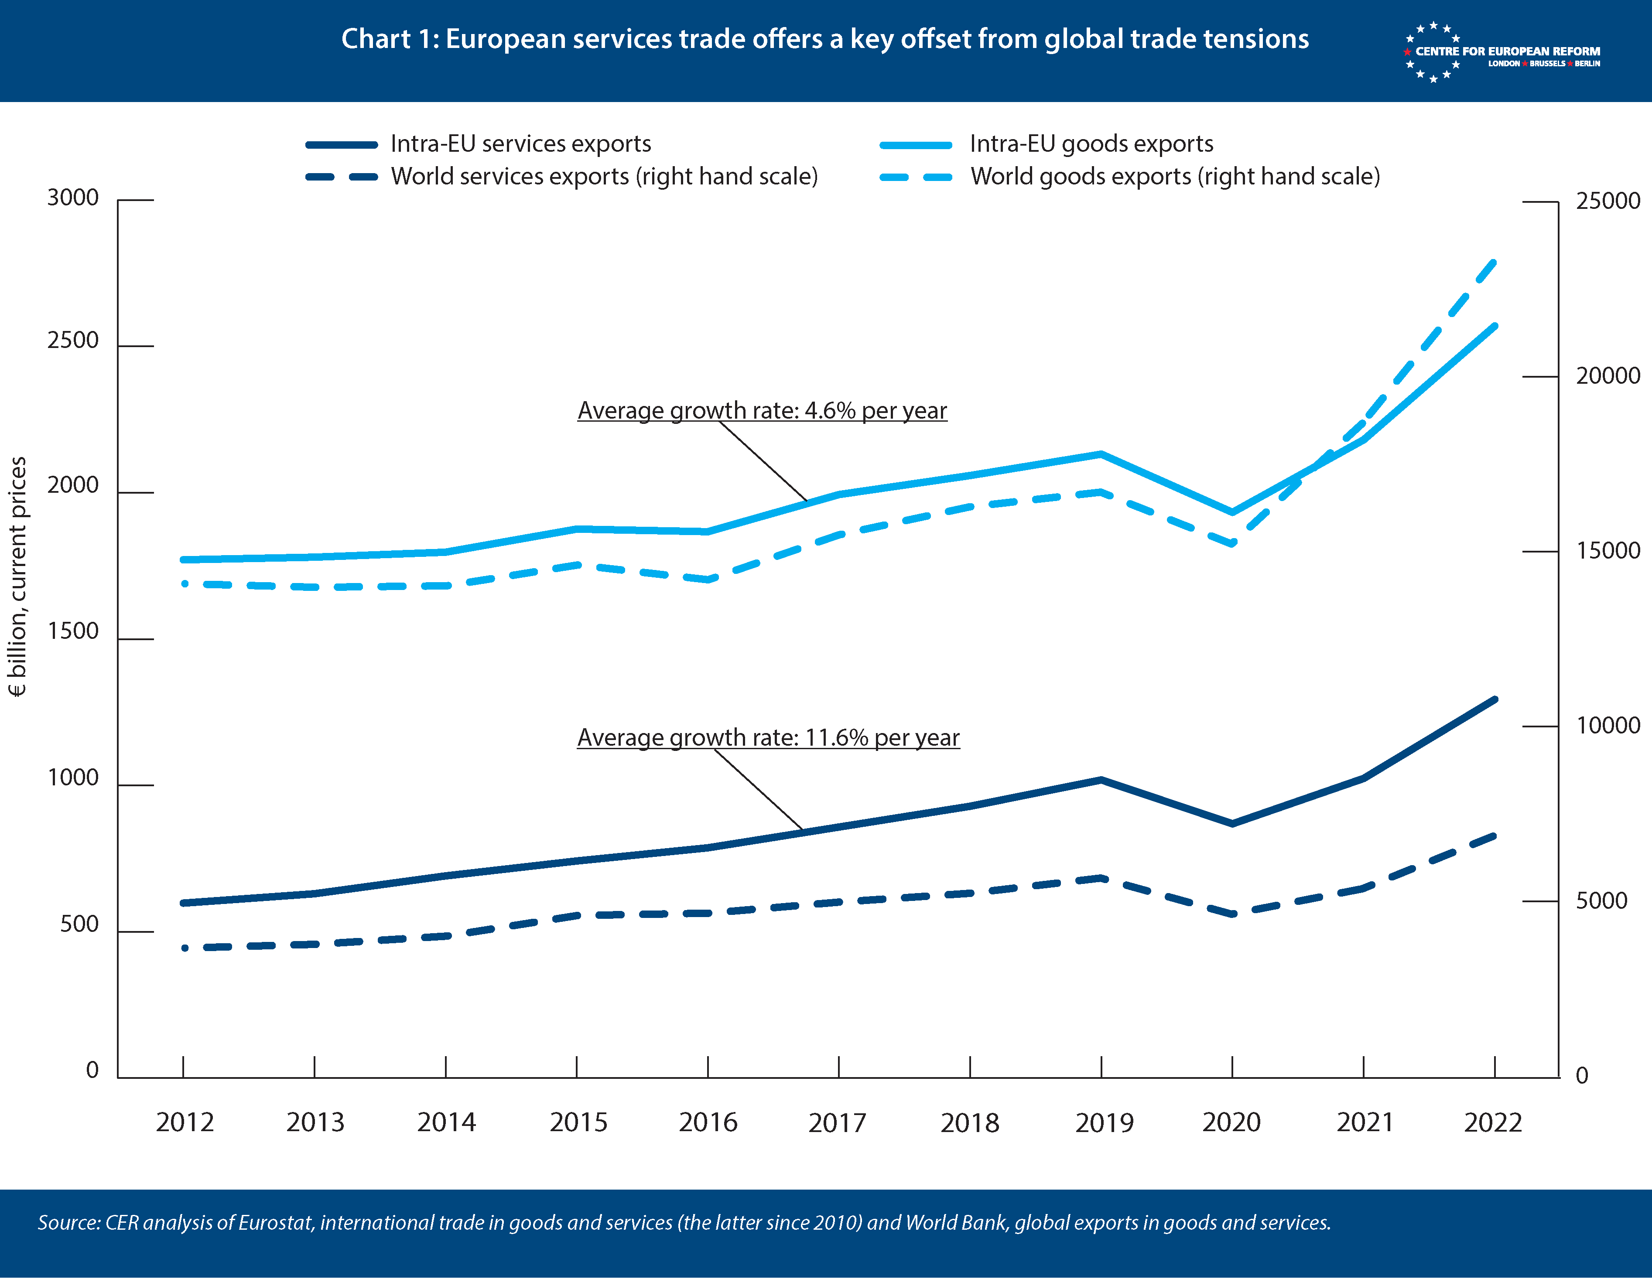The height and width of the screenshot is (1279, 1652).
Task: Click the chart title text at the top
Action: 824,38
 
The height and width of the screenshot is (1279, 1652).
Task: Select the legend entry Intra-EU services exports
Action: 520,144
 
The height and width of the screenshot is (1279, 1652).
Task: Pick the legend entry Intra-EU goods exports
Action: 1091,144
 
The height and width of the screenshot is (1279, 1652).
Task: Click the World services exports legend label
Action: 604,176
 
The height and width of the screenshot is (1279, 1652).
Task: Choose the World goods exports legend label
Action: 1175,176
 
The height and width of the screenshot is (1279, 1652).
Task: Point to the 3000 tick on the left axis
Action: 73,198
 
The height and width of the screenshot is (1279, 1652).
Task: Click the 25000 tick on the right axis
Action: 1608,201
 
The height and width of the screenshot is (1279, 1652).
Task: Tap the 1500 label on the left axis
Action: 73,631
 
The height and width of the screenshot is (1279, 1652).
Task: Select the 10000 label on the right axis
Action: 1608,725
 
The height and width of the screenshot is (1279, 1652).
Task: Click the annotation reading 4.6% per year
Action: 762,411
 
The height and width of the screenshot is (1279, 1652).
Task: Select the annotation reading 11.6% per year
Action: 768,737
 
